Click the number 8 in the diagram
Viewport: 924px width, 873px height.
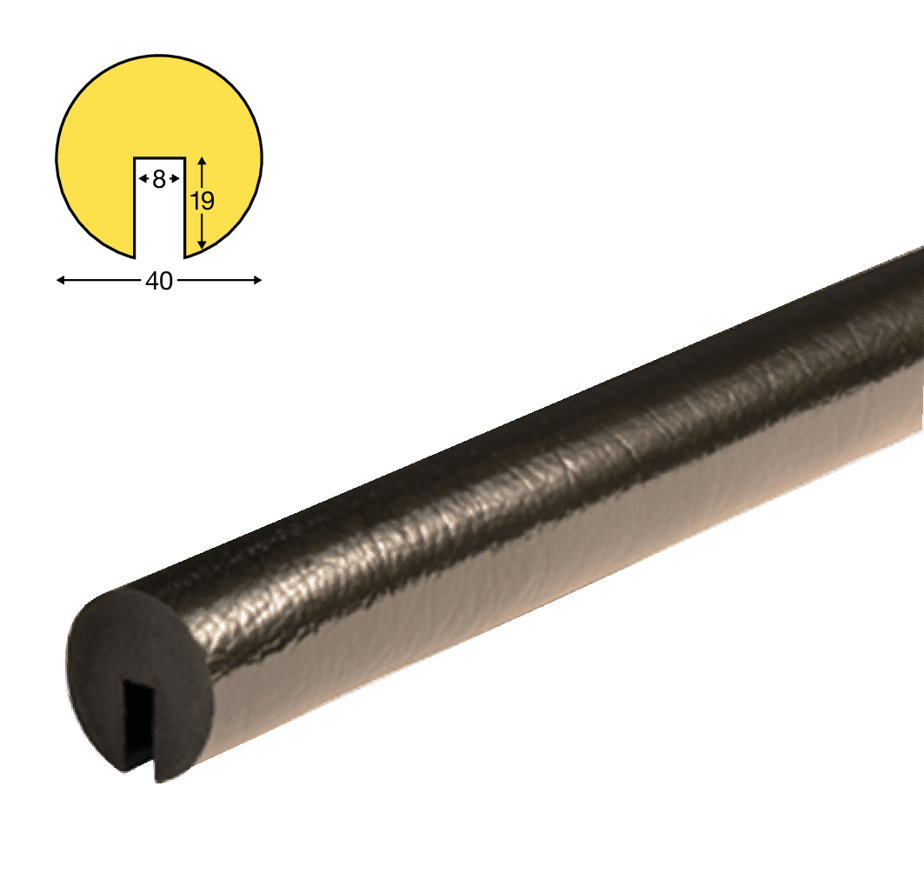click(x=159, y=179)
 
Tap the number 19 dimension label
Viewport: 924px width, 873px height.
click(x=203, y=202)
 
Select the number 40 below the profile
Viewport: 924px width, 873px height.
click(x=159, y=281)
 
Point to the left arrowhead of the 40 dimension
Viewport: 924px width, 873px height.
click(x=60, y=281)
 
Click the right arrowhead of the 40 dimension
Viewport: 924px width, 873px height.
click(x=257, y=280)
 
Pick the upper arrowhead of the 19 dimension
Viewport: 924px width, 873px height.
click(x=203, y=160)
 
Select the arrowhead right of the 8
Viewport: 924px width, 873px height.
click(x=176, y=178)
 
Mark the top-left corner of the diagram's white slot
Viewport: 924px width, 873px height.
click(x=135, y=158)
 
